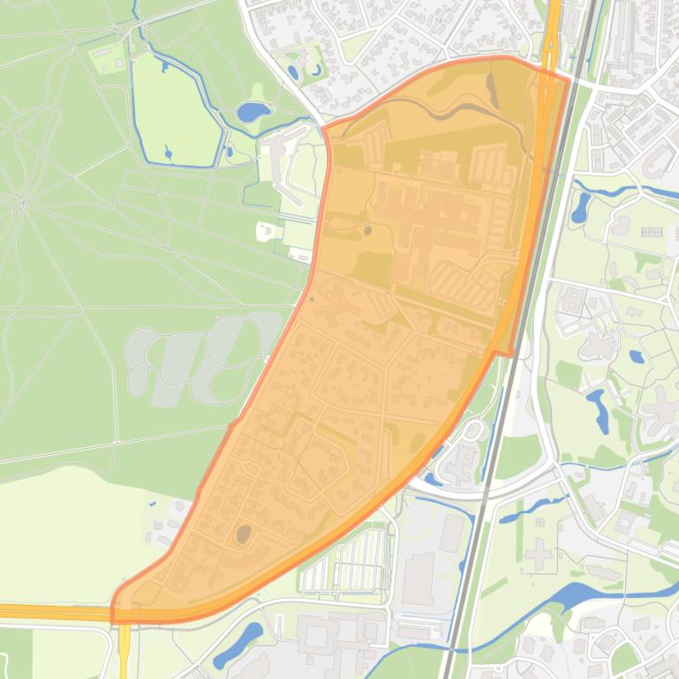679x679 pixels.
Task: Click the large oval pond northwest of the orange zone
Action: [253, 112]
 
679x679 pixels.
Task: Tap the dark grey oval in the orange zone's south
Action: [243, 533]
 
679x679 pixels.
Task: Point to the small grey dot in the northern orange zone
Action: [367, 231]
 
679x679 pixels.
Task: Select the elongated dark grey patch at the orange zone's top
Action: [493, 91]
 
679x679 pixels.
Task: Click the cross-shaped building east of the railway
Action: [539, 556]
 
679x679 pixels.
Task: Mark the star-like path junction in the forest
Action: [22, 204]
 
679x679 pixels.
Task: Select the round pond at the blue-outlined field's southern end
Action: [168, 154]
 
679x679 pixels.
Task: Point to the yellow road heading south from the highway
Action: [124, 648]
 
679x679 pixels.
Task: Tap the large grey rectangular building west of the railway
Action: [418, 578]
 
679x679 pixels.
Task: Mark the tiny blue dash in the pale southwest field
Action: [153, 504]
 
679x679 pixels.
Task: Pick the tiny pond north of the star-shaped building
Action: [637, 357]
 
